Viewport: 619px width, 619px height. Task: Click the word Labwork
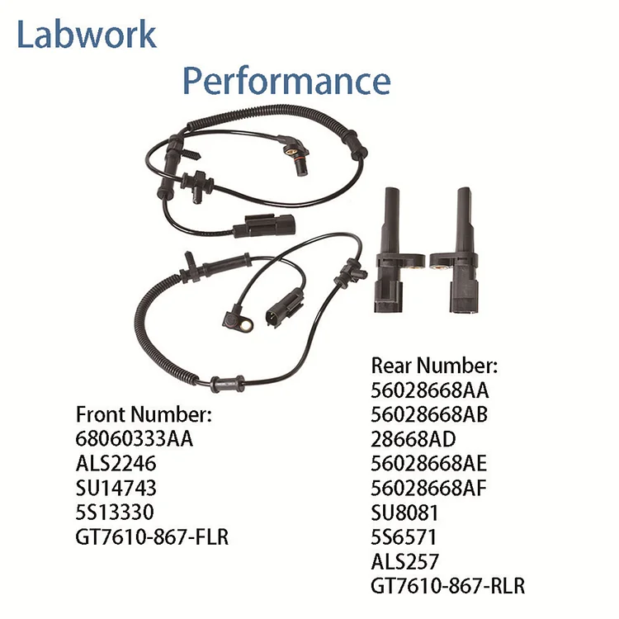point(87,35)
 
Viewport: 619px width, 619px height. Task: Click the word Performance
point(286,81)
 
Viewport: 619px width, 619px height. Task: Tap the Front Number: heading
point(144,414)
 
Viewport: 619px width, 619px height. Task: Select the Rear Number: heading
point(434,366)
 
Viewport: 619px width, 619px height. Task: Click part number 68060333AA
point(135,438)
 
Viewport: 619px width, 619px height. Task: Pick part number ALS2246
point(116,463)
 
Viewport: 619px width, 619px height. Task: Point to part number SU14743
point(116,488)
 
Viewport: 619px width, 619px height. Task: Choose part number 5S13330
point(115,512)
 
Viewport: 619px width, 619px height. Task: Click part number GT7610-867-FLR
point(152,537)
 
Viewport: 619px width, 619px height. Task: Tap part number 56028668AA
point(430,390)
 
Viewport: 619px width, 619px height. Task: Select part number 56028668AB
point(429,414)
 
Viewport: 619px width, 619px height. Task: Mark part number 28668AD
point(413,439)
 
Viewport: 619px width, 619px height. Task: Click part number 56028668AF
point(428,488)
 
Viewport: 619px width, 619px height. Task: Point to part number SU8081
point(404,513)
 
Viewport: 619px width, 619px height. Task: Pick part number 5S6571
point(404,537)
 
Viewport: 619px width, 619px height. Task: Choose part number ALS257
point(404,561)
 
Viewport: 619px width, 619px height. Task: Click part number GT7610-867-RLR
point(448,586)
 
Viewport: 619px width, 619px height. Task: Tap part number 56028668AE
point(428,464)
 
